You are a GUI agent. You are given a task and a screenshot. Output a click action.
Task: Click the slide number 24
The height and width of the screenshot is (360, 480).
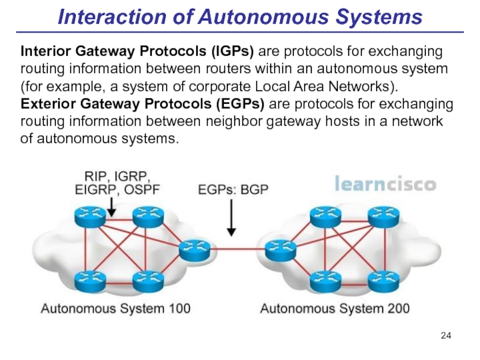(446, 334)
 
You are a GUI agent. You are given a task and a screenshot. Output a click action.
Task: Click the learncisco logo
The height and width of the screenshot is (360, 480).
(385, 183)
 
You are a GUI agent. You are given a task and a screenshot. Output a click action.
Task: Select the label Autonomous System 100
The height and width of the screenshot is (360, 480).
(116, 310)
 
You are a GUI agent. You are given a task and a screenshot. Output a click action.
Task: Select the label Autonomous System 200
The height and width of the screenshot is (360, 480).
(335, 310)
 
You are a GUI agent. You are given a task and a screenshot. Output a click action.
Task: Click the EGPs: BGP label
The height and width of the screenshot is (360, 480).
(233, 190)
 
